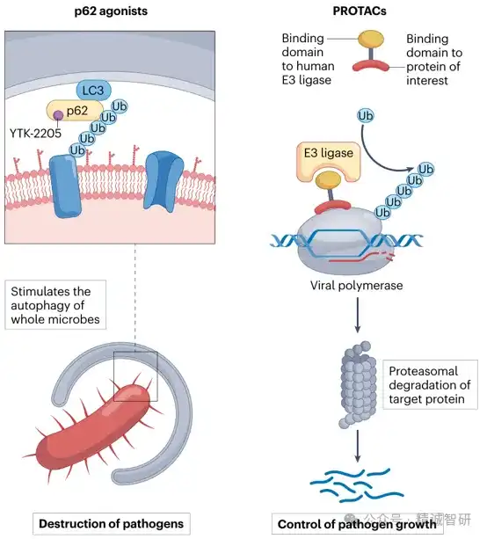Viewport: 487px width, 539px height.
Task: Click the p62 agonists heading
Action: pyautogui.click(x=111, y=11)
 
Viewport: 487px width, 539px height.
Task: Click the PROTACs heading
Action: pyautogui.click(x=360, y=11)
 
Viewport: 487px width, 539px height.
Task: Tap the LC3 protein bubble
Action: pyautogui.click(x=93, y=91)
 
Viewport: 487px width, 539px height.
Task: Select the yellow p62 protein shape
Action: pyautogui.click(x=75, y=111)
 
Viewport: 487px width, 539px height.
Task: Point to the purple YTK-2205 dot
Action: pyautogui.click(x=58, y=115)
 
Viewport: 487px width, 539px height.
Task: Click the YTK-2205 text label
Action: pyautogui.click(x=35, y=133)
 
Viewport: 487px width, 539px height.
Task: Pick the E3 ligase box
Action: pyautogui.click(x=328, y=161)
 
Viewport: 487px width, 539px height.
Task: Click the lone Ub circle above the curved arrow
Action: pyautogui.click(x=365, y=116)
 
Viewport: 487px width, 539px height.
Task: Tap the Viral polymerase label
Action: pyautogui.click(x=356, y=285)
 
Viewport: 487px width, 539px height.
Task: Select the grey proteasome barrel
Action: pyautogui.click(x=359, y=384)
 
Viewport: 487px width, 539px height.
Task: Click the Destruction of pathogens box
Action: pyautogui.click(x=112, y=523)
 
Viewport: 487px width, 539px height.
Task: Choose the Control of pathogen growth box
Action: pyautogui.click(x=357, y=524)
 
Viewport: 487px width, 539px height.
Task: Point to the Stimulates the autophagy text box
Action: pyautogui.click(x=55, y=305)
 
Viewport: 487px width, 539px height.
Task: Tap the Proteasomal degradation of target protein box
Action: pyautogui.click(x=430, y=384)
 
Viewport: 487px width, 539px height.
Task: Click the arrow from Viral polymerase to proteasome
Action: pyautogui.click(x=358, y=315)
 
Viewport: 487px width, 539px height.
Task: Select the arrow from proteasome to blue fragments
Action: pyautogui.click(x=358, y=446)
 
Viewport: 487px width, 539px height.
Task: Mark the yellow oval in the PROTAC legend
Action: pyautogui.click(x=371, y=39)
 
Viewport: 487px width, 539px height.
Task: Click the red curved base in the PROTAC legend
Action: pyautogui.click(x=371, y=65)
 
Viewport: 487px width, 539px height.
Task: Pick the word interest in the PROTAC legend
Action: pyautogui.click(x=427, y=80)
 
